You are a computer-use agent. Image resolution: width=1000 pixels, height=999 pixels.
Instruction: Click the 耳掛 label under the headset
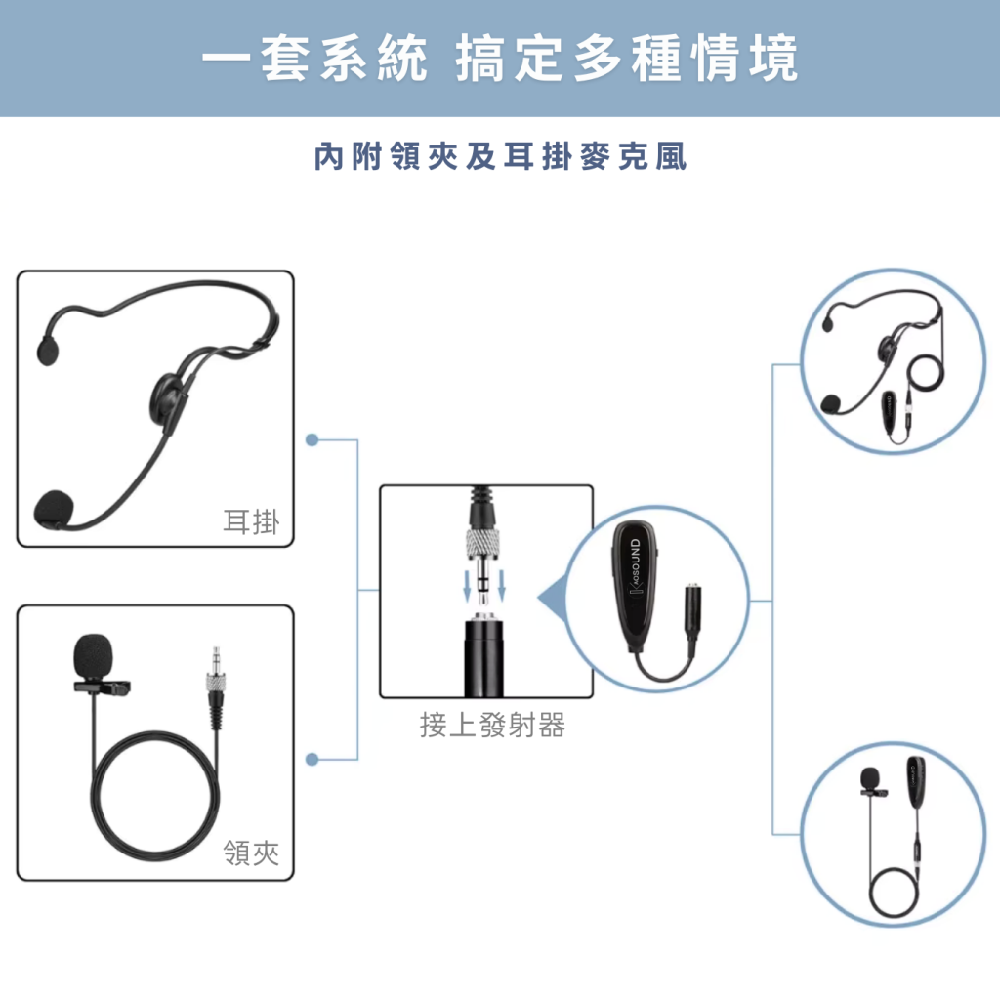251,521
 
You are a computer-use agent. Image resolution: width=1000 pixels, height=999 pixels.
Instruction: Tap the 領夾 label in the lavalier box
251,853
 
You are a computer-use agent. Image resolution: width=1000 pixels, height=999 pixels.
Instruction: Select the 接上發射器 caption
492,726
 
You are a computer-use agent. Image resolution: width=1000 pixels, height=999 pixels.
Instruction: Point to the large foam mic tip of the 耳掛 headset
54,509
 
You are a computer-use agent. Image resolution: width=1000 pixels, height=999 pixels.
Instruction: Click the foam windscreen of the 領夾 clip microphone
93,656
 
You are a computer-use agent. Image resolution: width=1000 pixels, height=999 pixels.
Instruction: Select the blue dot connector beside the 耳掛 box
312,440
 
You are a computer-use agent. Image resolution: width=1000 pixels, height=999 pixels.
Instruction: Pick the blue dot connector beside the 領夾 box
312,759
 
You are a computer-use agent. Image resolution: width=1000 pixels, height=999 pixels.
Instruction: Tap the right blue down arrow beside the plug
502,586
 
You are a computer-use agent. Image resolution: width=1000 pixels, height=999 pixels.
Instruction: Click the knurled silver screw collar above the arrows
484,542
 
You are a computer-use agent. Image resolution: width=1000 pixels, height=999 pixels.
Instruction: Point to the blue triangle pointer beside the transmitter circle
553,599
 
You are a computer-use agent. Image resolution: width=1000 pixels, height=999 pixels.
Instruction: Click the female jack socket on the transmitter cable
694,610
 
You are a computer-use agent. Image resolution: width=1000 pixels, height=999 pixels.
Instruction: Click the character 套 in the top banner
286,59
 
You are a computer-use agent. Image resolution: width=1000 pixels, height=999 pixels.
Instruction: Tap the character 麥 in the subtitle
595,157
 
